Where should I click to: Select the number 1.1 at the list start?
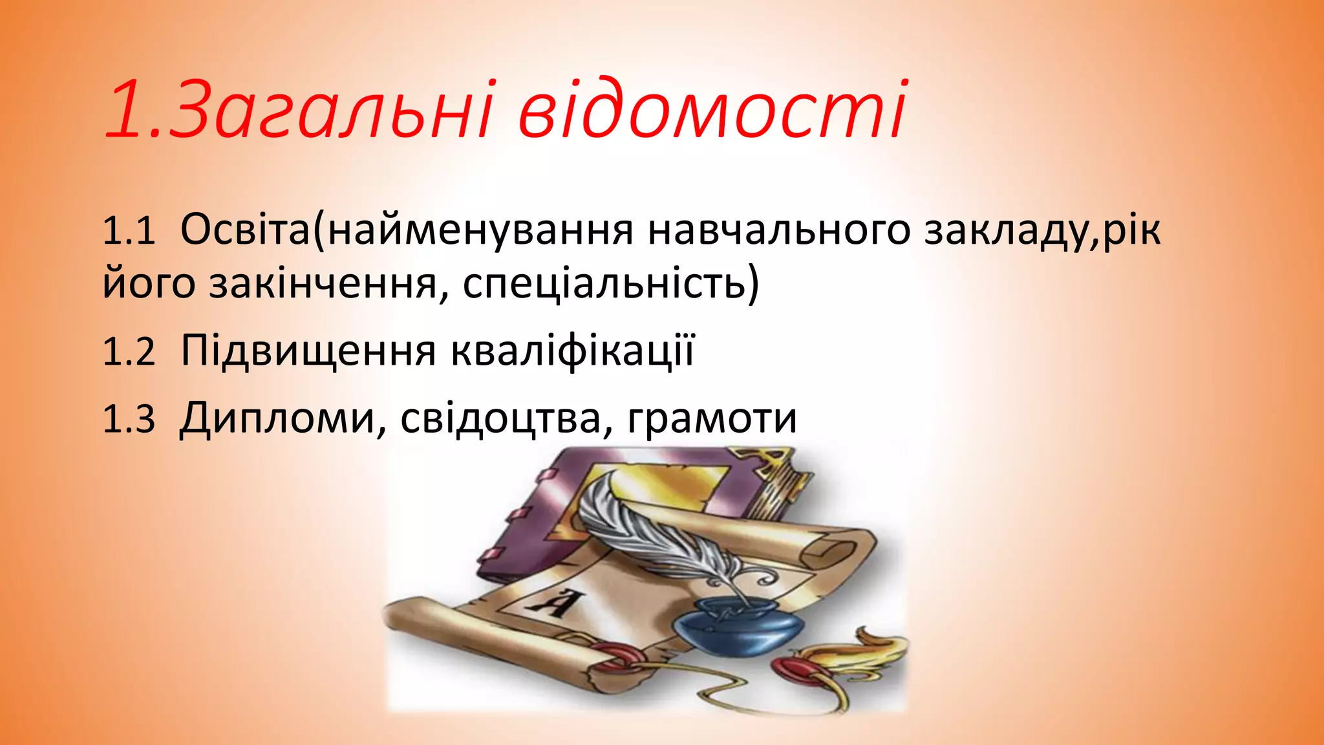(129, 231)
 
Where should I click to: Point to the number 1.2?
(129, 352)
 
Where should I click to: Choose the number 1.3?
(129, 418)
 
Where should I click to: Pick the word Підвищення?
(308, 352)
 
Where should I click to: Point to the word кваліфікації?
(571, 352)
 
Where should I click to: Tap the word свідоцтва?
(500, 418)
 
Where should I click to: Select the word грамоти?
(712, 418)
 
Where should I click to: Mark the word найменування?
(481, 231)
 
